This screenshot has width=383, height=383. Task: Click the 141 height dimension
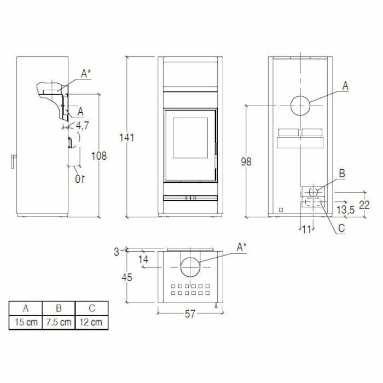pyautogui.click(x=127, y=138)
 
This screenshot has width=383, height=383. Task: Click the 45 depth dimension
pyautogui.click(x=126, y=277)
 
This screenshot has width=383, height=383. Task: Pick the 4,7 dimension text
pyautogui.click(x=82, y=126)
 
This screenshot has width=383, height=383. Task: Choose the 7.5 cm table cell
pyautogui.click(x=59, y=322)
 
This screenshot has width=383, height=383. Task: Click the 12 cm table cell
pyautogui.click(x=91, y=322)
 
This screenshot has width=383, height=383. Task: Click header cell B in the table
pyautogui.click(x=59, y=308)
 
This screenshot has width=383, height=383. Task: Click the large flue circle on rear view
pyautogui.click(x=300, y=105)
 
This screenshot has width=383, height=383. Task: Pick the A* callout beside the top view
pyautogui.click(x=241, y=247)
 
